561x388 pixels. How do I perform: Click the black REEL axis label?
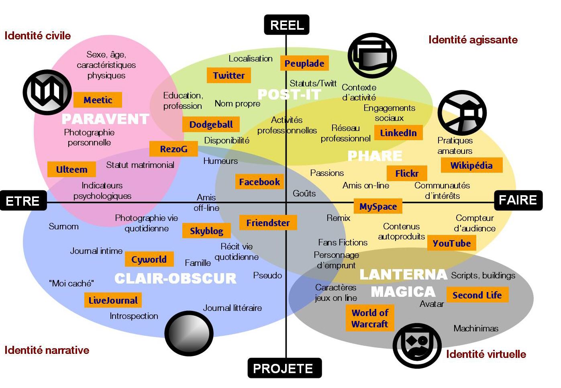287,25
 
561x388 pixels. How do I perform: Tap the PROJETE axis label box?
284,368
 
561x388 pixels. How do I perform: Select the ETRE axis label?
23,200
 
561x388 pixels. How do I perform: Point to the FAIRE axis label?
518,200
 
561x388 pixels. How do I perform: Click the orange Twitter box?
229,76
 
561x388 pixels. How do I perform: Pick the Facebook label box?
259,182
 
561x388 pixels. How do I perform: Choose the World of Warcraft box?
369,318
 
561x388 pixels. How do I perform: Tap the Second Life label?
477,295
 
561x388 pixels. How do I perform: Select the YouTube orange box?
452,243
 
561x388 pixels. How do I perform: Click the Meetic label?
98,100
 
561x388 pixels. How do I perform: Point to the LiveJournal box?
113,300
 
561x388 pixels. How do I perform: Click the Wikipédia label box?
471,165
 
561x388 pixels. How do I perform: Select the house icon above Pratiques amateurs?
462,113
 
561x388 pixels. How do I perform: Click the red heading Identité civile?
38,36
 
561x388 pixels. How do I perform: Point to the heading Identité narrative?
47,350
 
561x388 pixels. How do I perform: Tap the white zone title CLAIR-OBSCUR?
175,278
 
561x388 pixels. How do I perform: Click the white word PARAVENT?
105,119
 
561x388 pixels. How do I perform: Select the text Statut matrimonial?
140,165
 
